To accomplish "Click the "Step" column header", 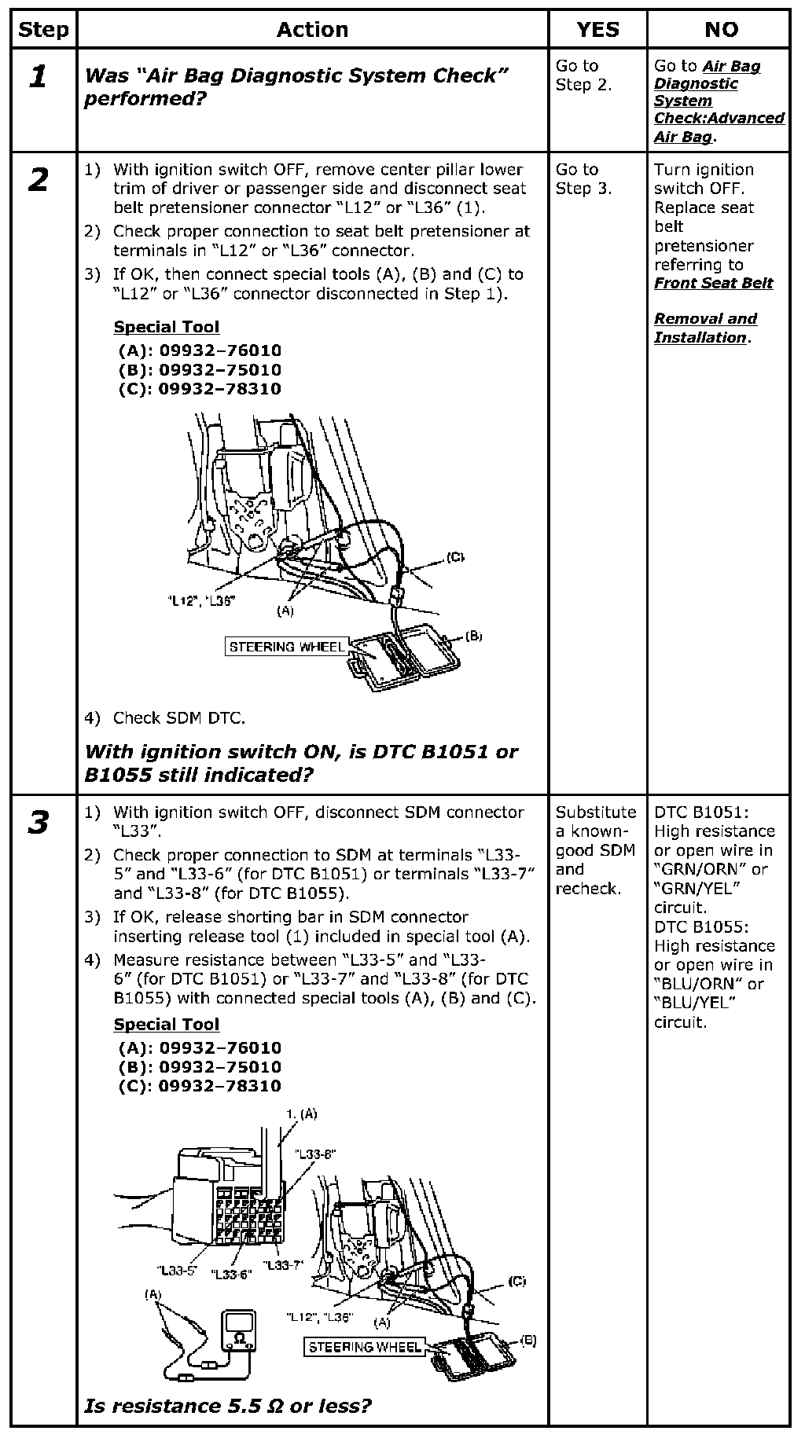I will pyautogui.click(x=43, y=30).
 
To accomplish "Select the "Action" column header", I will pyautogui.click(x=312, y=30).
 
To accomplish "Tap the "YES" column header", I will pyautogui.click(x=597, y=30).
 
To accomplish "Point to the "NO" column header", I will pyautogui.click(x=720, y=30).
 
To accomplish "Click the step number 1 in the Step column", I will pyautogui.click(x=38, y=77).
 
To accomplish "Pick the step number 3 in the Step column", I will pyautogui.click(x=38, y=824).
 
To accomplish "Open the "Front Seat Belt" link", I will pyautogui.click(x=713, y=284).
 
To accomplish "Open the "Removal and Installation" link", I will pyautogui.click(x=704, y=328).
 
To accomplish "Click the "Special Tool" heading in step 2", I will pyautogui.click(x=166, y=327).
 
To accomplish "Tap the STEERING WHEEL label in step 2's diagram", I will pyautogui.click(x=286, y=647).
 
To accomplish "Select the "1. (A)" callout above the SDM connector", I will pyautogui.click(x=301, y=1113).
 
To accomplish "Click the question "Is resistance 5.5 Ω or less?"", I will pyautogui.click(x=227, y=1405).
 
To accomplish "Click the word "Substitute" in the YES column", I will pyautogui.click(x=595, y=813).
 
